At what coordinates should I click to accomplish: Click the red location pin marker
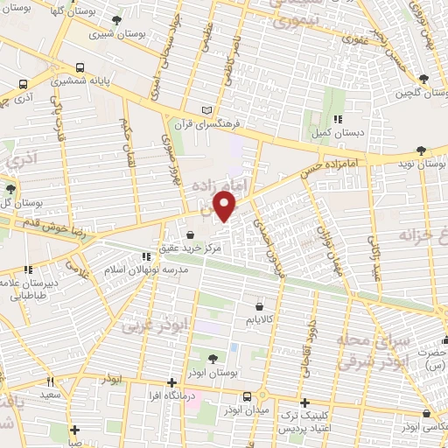pyautogui.click(x=226, y=207)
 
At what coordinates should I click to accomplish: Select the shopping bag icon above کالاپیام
pyautogui.click(x=260, y=306)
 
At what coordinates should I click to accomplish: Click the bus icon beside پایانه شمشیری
pyautogui.click(x=80, y=67)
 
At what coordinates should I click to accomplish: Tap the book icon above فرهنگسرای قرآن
pyautogui.click(x=207, y=109)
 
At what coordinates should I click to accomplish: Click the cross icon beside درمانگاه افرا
pyautogui.click(x=171, y=382)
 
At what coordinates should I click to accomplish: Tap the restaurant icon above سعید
pyautogui.click(x=50, y=381)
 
